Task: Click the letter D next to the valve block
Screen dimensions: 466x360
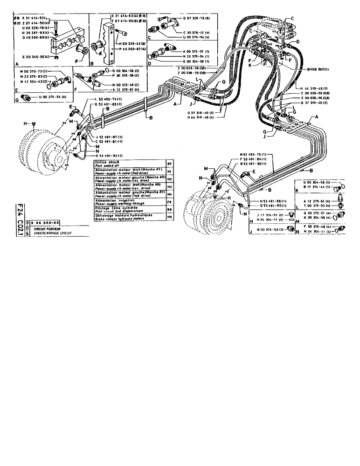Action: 297,42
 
